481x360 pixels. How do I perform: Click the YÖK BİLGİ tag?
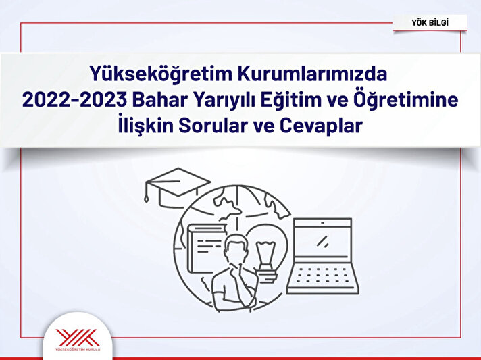coord(430,23)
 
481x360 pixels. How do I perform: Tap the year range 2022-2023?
coord(74,100)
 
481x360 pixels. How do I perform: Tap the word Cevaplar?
coord(321,126)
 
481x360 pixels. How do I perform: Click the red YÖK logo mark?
coord(78,338)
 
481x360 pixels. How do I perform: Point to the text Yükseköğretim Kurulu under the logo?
coord(78,349)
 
